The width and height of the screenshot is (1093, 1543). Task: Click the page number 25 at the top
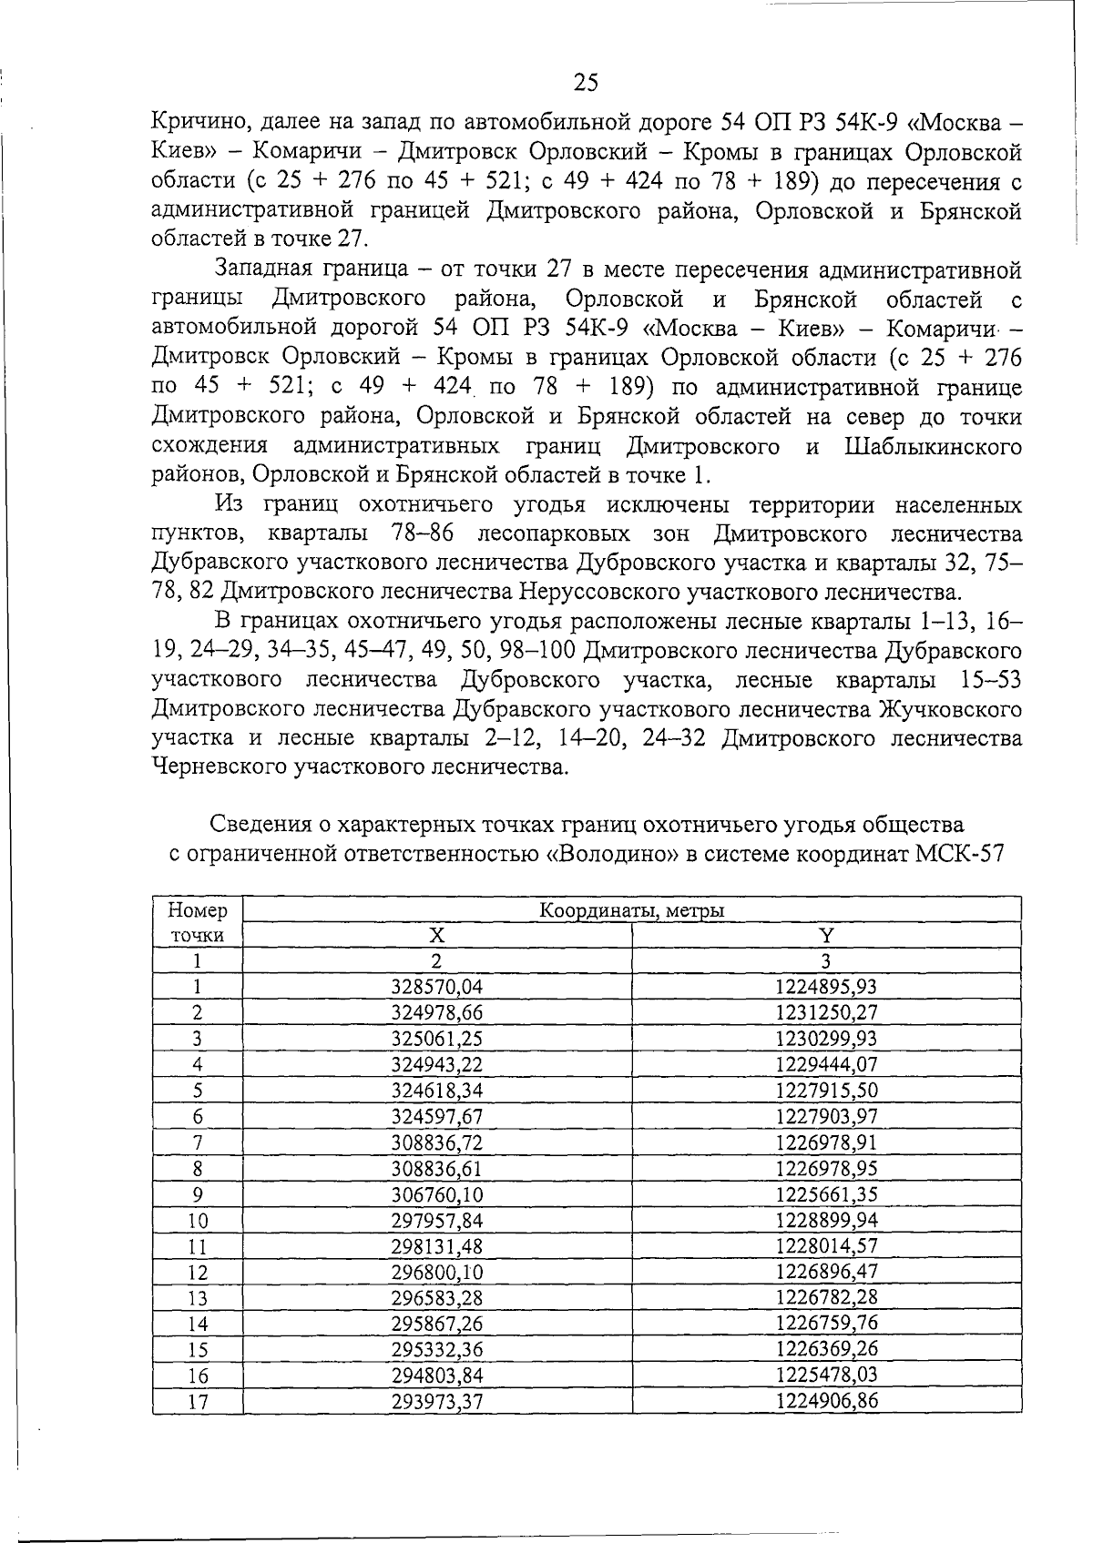586,83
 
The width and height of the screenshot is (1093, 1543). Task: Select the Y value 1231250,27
826,1012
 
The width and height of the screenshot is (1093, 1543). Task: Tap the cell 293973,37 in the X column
436,1401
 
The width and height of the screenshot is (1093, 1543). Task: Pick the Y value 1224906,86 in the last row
826,1400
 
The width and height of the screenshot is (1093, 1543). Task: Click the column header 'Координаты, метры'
632,910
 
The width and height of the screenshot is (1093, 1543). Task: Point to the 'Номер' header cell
198,910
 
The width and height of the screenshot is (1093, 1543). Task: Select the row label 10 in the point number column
198,1221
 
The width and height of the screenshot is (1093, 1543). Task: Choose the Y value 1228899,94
826,1220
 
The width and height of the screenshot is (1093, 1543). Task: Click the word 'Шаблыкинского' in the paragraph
933,447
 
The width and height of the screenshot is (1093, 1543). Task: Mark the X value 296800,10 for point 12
436,1272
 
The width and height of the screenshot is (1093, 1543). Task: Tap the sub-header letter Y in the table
826,935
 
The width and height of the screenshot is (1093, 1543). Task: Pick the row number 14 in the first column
198,1324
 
